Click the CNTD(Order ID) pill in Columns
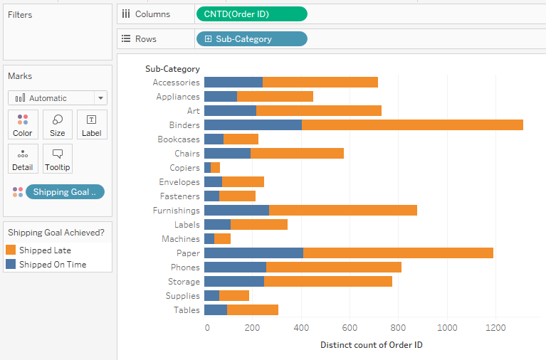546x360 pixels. [x=251, y=14]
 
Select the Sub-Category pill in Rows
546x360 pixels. [x=251, y=39]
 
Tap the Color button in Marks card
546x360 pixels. [x=23, y=125]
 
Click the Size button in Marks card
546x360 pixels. [x=58, y=125]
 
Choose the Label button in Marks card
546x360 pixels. [x=92, y=125]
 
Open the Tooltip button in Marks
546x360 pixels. [x=58, y=159]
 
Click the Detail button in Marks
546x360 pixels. [x=23, y=159]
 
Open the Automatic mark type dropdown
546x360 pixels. [x=58, y=98]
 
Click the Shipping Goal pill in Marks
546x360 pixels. [x=65, y=192]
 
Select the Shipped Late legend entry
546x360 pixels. [x=45, y=250]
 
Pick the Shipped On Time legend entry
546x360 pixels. [x=52, y=265]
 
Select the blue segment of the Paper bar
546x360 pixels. [x=253, y=253]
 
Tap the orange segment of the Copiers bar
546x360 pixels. [x=215, y=168]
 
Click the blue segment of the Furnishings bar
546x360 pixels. [x=236, y=211]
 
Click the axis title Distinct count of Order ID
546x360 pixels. [x=372, y=345]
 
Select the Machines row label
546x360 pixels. [x=181, y=239]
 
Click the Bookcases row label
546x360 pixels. [x=179, y=139]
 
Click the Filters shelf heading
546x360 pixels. [x=20, y=15]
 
